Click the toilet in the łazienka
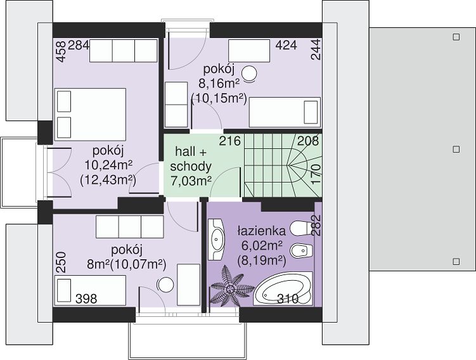[x=301, y=228]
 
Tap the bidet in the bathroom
[x=302, y=250]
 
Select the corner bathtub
[x=283, y=288]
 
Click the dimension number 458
[x=61, y=51]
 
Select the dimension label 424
[x=286, y=45]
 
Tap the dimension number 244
[x=316, y=49]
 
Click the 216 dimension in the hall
[x=230, y=141]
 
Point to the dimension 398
[x=86, y=299]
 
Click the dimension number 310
[x=288, y=299]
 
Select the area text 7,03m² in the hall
[x=191, y=181]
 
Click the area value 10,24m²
[x=108, y=165]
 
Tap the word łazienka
[x=262, y=231]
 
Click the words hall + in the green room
[x=191, y=151]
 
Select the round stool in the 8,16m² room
[x=249, y=74]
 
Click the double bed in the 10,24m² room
[x=90, y=115]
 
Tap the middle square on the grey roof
[x=456, y=150]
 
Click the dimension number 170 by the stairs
[x=316, y=174]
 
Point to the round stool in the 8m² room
[x=165, y=285]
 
